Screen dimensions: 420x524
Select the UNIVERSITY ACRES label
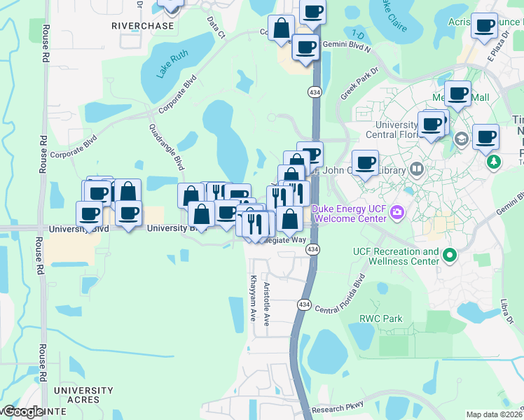click(83, 395)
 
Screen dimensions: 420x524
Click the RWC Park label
click(381, 318)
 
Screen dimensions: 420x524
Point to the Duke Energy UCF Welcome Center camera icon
click(397, 211)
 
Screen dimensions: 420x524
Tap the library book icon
click(416, 169)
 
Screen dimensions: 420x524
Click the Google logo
click(22, 412)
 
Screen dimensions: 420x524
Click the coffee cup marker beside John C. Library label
click(364, 164)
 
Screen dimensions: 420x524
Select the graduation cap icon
click(461, 139)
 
